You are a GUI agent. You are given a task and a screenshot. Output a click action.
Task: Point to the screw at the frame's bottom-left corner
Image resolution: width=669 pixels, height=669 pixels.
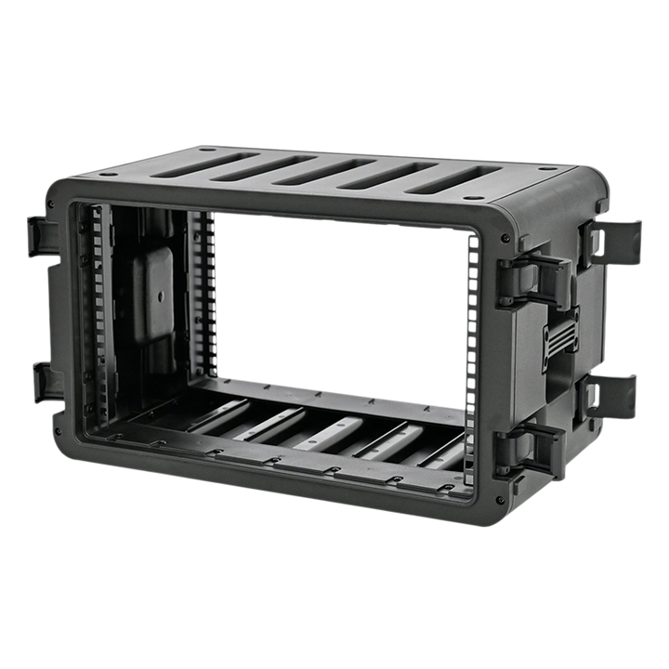click(x=59, y=433)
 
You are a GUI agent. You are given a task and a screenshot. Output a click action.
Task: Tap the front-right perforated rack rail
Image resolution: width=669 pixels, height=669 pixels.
click(x=473, y=353)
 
